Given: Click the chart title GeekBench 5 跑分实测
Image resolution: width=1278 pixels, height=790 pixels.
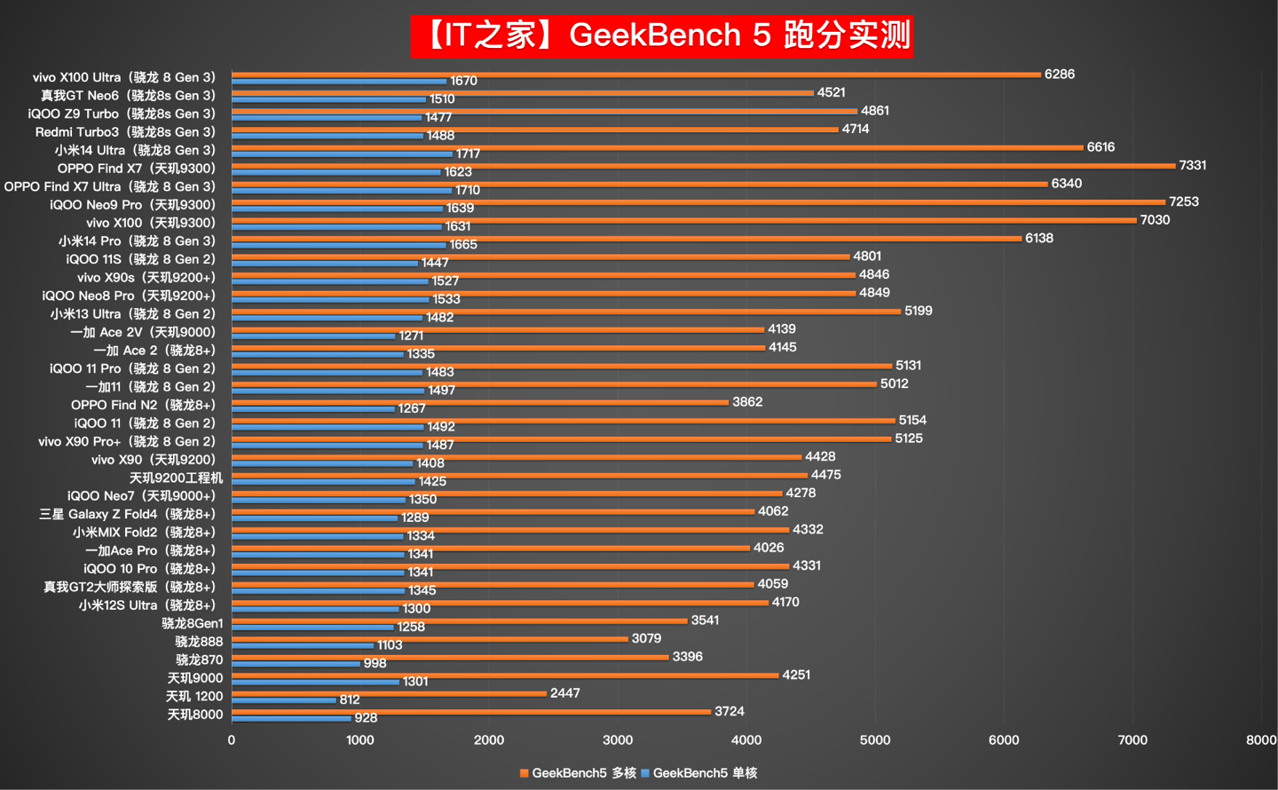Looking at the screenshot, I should (x=661, y=36).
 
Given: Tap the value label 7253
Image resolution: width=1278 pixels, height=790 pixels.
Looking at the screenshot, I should (x=1184, y=201).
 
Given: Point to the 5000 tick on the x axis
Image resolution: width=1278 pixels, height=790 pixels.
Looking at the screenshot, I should (x=875, y=739).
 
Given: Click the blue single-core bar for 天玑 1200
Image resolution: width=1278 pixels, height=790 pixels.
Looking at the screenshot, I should (x=284, y=700).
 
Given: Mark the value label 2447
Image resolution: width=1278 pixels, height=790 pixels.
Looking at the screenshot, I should (x=565, y=693).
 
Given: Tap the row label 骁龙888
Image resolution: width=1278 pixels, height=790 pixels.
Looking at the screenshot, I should (x=199, y=642).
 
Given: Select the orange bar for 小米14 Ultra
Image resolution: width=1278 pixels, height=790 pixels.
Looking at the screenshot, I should (x=657, y=147).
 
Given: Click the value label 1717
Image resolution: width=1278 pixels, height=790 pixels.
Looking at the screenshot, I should (x=469, y=154).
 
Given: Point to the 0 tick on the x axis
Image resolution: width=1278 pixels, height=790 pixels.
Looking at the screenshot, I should (x=232, y=739).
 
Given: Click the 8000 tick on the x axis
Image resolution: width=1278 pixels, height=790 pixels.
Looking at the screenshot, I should (x=1260, y=739).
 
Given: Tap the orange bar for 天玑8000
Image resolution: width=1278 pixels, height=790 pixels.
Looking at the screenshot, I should (x=470, y=711).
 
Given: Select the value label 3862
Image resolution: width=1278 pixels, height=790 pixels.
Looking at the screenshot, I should (x=747, y=402).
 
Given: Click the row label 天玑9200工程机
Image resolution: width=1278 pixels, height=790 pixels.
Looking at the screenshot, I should (x=176, y=478).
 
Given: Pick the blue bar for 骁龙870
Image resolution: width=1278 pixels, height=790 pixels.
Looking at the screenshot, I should (x=296, y=664).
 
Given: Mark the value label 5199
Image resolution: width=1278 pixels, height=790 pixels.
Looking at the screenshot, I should (x=919, y=311).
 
